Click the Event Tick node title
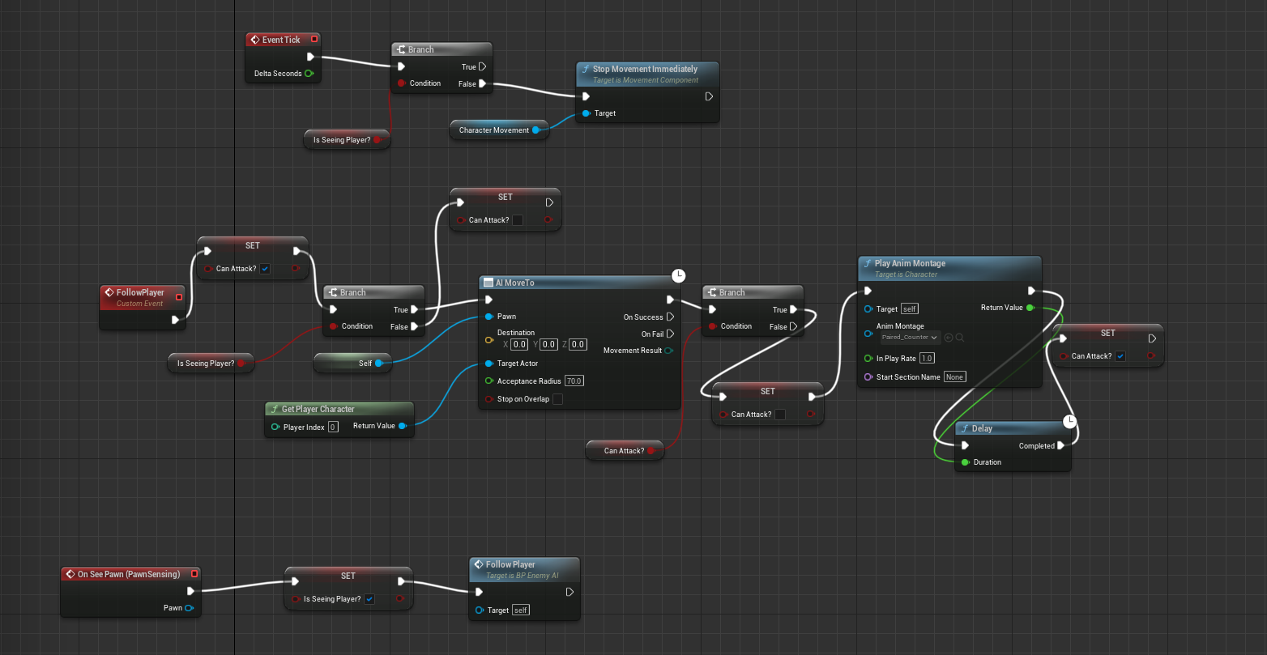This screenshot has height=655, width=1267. tap(280, 40)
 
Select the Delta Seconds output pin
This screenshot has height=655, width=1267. tap(309, 74)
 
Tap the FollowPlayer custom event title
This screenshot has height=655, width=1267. tap(140, 292)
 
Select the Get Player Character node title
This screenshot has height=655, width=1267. tap(318, 409)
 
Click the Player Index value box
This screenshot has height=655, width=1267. tap(333, 427)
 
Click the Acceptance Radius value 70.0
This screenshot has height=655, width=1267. tap(574, 381)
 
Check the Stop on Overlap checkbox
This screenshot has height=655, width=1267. tap(557, 399)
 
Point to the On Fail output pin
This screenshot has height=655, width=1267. tap(670, 334)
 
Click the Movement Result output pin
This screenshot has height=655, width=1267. tap(669, 351)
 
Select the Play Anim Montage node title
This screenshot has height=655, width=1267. tap(909, 263)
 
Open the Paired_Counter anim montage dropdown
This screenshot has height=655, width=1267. tap(910, 338)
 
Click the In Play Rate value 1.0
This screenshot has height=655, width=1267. tap(927, 359)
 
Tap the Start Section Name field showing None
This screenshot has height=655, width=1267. tap(954, 377)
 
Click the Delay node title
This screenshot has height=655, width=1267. tap(982, 428)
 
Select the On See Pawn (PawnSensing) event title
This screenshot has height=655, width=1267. tap(128, 574)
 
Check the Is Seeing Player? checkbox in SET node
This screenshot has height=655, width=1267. tap(369, 599)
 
